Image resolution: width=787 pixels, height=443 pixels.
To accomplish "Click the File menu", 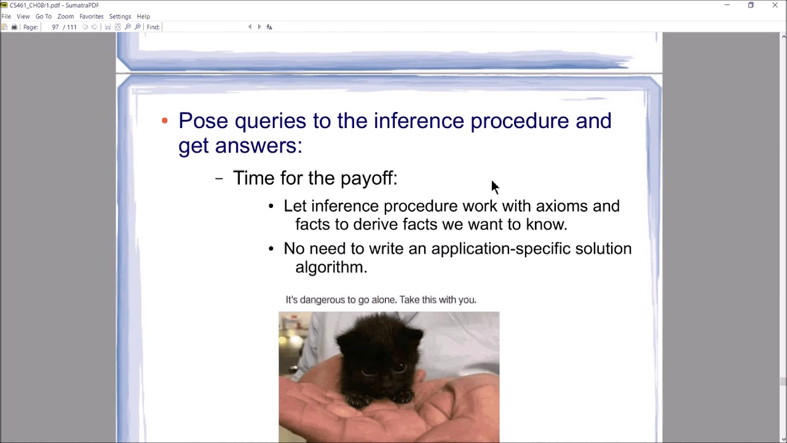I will click(6, 17).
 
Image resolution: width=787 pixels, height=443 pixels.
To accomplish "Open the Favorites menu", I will click(91, 17).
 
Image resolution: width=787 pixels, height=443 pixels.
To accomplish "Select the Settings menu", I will click(120, 17).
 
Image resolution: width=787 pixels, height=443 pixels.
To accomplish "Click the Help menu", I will click(143, 17).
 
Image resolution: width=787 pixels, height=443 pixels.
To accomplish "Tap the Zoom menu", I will click(65, 17).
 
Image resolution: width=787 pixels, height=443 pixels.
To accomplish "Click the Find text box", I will click(203, 27).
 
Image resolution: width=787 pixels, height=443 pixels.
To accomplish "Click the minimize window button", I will click(727, 6).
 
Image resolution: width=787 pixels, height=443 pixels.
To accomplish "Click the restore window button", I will click(751, 6).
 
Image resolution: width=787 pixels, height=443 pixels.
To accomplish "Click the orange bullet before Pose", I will click(164, 121).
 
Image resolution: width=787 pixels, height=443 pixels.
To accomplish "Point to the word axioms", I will click(561, 206).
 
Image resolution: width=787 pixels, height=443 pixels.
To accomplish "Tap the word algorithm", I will click(331, 267).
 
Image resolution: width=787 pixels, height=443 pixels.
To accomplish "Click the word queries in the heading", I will click(270, 121).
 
